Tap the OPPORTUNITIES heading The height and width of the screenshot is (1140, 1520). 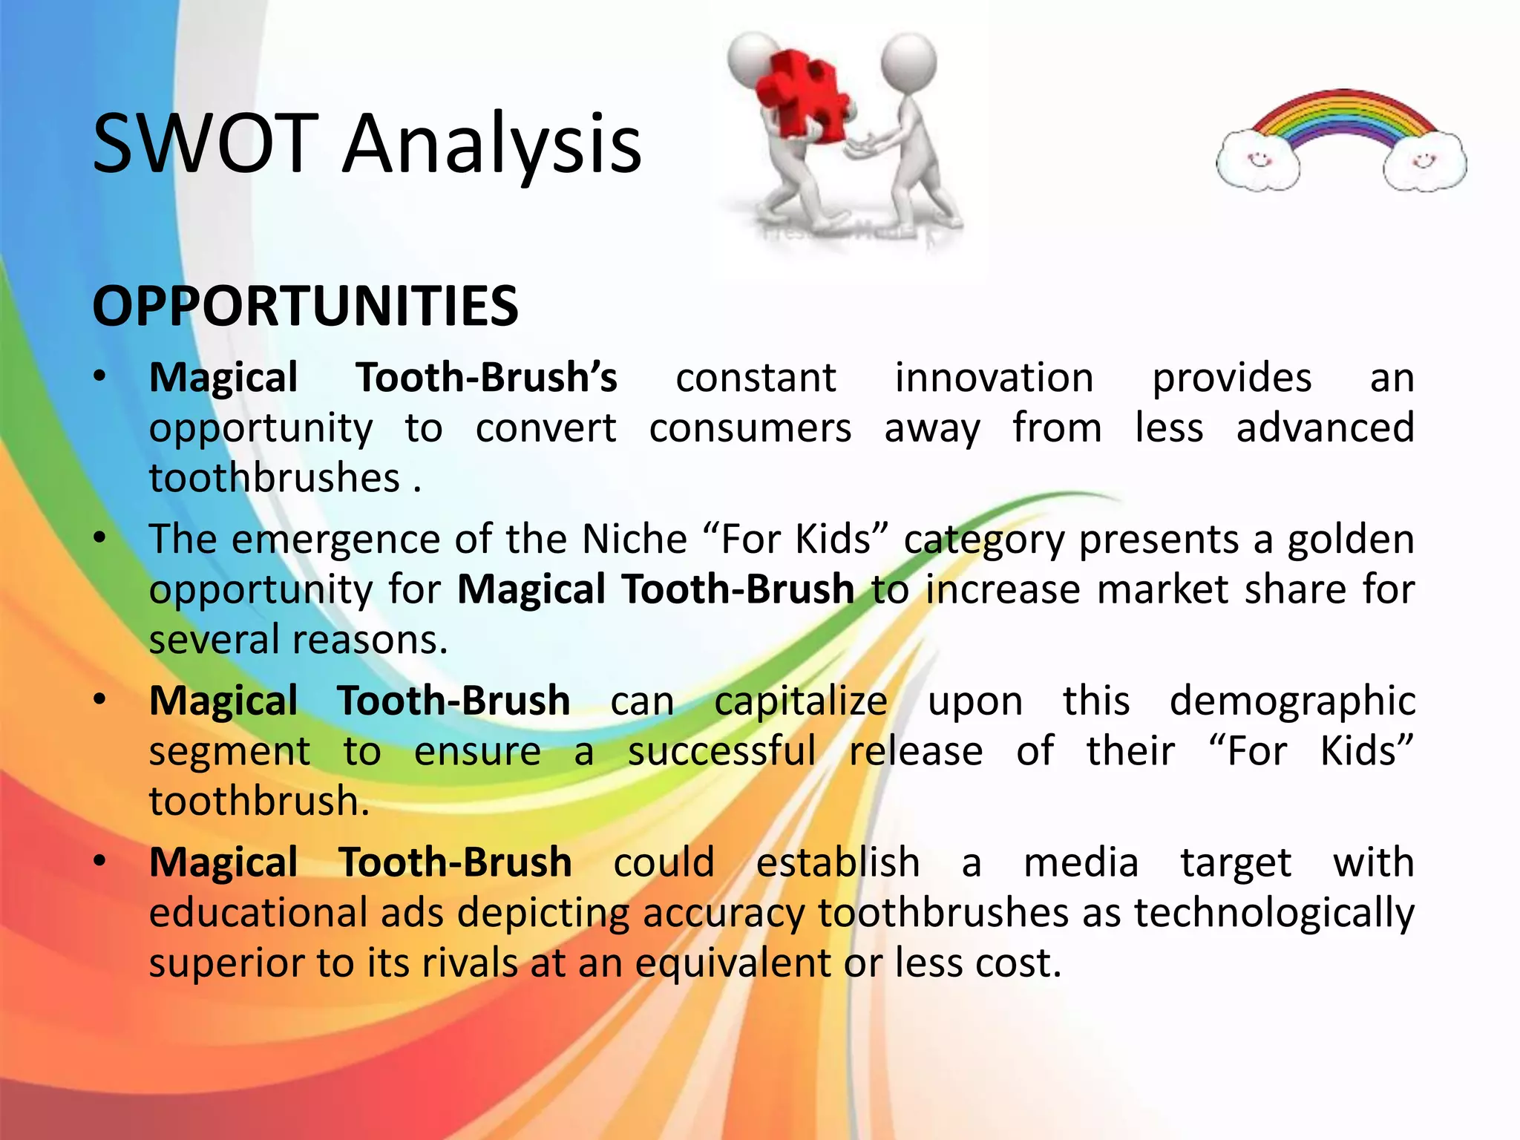pos(305,306)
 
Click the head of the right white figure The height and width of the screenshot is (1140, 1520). pos(908,62)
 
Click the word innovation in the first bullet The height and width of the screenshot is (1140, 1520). pos(994,378)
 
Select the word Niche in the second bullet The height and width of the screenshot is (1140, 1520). pos(635,540)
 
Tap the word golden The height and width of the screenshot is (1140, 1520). pos(1351,540)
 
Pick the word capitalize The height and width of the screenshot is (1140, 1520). pos(800,701)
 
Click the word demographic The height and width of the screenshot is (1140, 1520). pos(1291,701)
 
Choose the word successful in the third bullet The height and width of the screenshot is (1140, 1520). pos(721,751)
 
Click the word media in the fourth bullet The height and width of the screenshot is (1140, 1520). pos(1081,863)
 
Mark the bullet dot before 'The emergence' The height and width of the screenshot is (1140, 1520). pos(100,537)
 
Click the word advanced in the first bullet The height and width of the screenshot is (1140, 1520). pos(1325,428)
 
